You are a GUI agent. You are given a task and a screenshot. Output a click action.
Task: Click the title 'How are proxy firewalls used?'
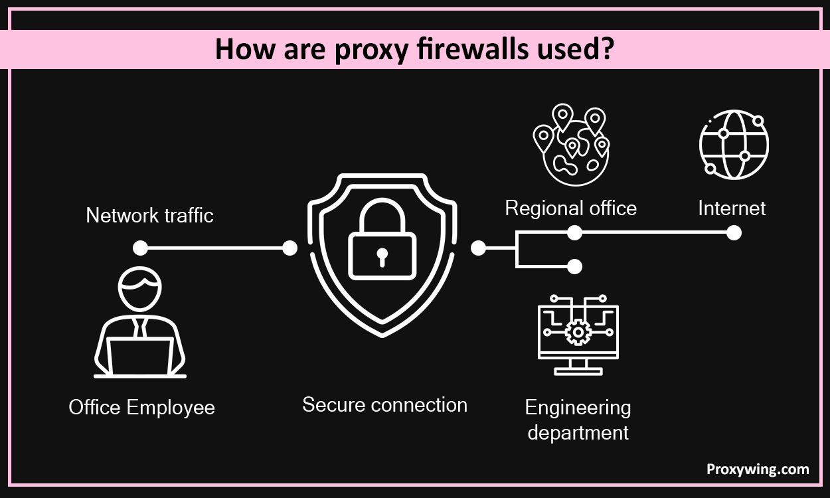pyautogui.click(x=414, y=50)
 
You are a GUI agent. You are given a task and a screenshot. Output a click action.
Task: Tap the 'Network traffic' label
pyautogui.click(x=149, y=216)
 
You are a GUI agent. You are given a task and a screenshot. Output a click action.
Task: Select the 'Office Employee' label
pyautogui.click(x=141, y=407)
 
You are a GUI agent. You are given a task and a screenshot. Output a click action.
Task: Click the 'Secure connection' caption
pyautogui.click(x=384, y=405)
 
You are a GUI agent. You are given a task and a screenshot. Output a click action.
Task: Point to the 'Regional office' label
pyautogui.click(x=570, y=208)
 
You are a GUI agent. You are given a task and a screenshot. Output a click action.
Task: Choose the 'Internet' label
pyautogui.click(x=732, y=208)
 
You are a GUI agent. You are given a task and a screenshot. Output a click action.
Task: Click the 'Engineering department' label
pyautogui.click(x=578, y=420)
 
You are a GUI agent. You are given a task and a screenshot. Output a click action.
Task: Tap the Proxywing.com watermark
pyautogui.click(x=757, y=469)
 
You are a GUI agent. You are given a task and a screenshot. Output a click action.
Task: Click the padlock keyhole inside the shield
pyautogui.click(x=382, y=256)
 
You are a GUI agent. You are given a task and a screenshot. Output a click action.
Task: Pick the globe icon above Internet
pyautogui.click(x=734, y=145)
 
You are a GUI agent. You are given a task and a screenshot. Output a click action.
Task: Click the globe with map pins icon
pyautogui.click(x=571, y=145)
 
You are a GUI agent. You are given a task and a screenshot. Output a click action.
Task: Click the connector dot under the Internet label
pyautogui.click(x=734, y=232)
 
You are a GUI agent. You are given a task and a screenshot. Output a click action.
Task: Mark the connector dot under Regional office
pyautogui.click(x=575, y=232)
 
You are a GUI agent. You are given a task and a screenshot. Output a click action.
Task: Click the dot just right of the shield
pyautogui.click(x=478, y=248)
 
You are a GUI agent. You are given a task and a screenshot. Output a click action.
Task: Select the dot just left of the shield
pyautogui.click(x=290, y=248)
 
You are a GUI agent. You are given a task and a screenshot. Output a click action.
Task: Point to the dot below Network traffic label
pyautogui.click(x=140, y=248)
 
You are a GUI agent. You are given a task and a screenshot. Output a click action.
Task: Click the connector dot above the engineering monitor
pyautogui.click(x=575, y=266)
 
